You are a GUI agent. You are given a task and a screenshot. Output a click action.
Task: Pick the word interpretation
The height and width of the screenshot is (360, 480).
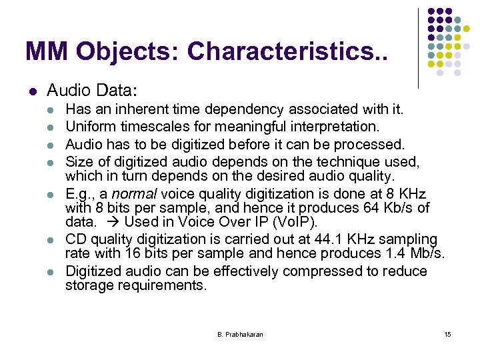[x=335, y=126]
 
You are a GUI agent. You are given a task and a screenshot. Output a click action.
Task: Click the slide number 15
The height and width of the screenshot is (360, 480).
[x=447, y=334]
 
